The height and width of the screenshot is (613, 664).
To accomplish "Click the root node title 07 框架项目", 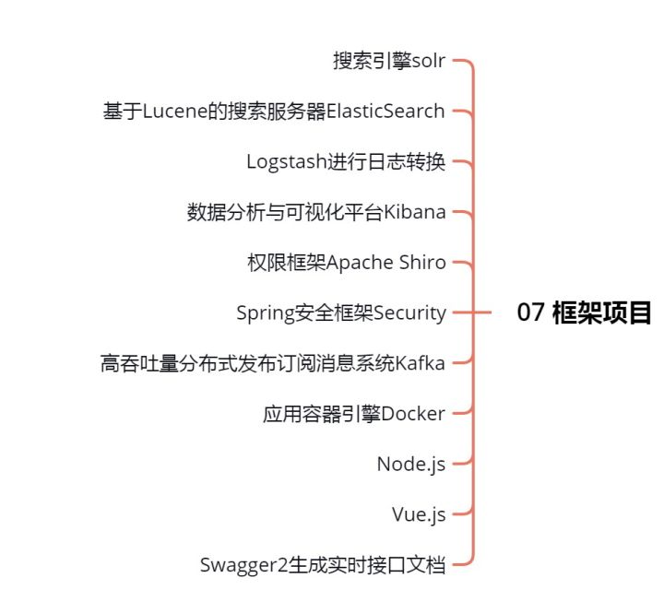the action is pyautogui.click(x=584, y=312).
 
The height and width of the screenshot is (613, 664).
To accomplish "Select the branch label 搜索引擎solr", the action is pyautogui.click(x=389, y=61).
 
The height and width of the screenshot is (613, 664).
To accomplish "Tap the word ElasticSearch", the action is pyautogui.click(x=385, y=111).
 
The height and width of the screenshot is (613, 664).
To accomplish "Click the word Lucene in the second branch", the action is pyautogui.click(x=175, y=112).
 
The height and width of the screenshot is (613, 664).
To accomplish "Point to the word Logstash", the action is pyautogui.click(x=287, y=161).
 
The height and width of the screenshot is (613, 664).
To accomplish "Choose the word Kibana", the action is pyautogui.click(x=415, y=212).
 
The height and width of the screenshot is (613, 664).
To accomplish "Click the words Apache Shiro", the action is pyautogui.click(x=385, y=263).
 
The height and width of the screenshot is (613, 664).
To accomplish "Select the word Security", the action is pyautogui.click(x=409, y=313).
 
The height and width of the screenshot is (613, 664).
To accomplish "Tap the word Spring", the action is pyautogui.click(x=266, y=313).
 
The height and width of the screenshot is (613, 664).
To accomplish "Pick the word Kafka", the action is pyautogui.click(x=420, y=363).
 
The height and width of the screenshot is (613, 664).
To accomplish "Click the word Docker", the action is pyautogui.click(x=413, y=414).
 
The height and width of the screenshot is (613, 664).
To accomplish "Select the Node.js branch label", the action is pyautogui.click(x=410, y=465).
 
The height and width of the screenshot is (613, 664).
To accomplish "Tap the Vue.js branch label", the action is pyautogui.click(x=419, y=514).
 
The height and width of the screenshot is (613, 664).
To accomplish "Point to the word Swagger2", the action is pyautogui.click(x=243, y=566).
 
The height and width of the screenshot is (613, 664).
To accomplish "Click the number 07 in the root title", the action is pyautogui.click(x=530, y=312).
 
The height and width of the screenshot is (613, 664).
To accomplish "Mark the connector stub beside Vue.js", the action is pyautogui.click(x=463, y=513).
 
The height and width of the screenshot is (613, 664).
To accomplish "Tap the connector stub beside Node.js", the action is pyautogui.click(x=463, y=463).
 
